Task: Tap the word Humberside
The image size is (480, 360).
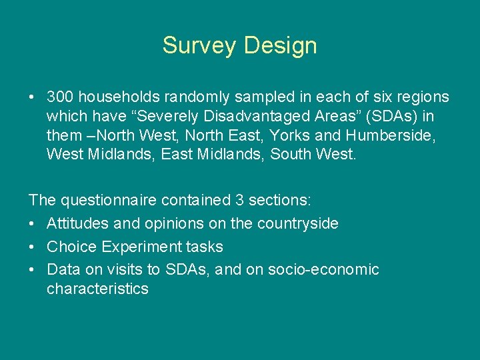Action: [384, 136]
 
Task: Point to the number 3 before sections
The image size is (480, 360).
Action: [239, 201]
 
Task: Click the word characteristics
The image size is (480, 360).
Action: [97, 289]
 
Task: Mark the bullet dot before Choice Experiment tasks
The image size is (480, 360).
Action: [32, 247]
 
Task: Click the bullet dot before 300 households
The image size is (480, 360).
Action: [32, 98]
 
